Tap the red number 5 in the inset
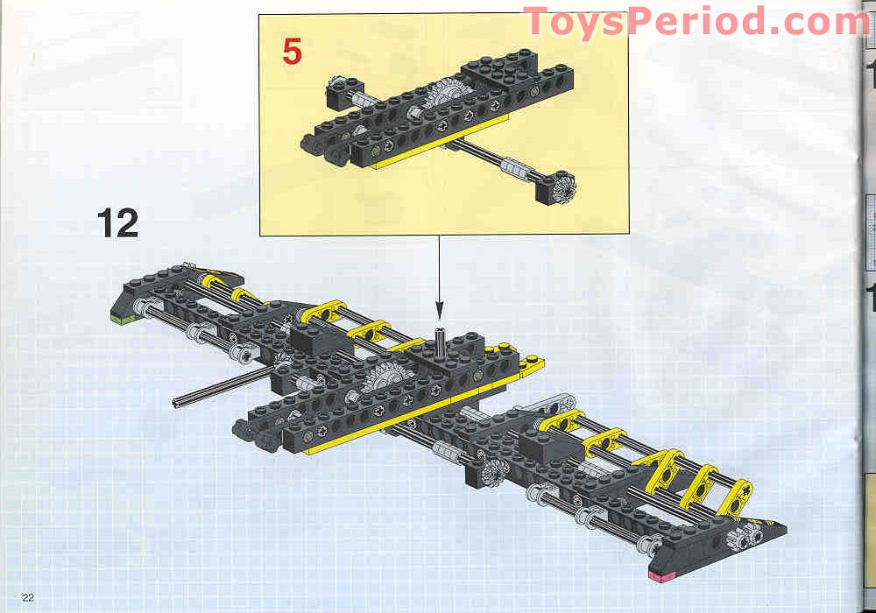292,52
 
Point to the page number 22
28,597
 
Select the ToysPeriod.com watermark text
696,21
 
